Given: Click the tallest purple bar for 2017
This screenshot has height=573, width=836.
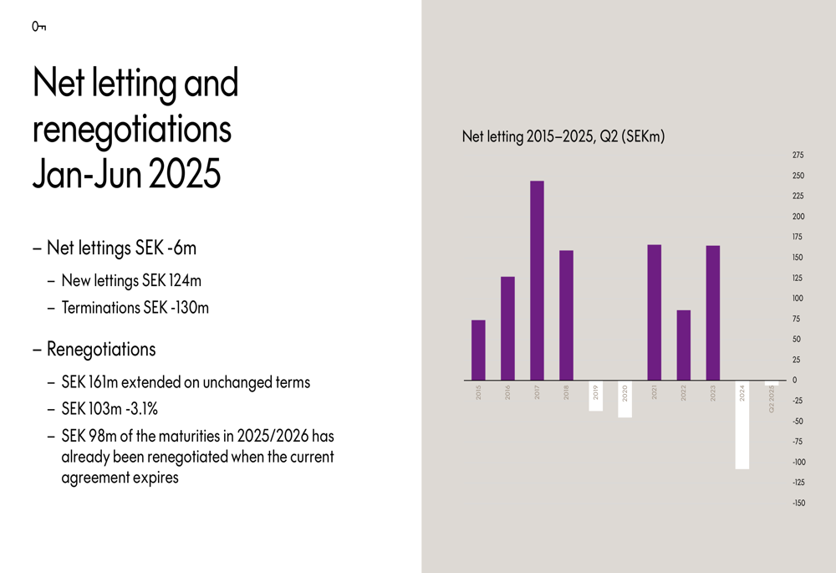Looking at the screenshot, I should tap(537, 280).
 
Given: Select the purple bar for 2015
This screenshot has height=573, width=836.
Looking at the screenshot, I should tap(478, 350).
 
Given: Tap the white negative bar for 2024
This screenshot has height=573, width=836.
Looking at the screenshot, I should tap(742, 425).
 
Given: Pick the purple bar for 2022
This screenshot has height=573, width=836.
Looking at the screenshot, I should tap(684, 345).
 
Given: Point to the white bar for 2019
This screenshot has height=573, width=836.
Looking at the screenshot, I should tap(595, 395).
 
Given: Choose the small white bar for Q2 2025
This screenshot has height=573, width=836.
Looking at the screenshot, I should tap(772, 383).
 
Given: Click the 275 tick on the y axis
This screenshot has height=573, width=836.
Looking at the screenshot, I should tap(797, 156).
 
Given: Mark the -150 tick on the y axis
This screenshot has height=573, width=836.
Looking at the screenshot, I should tap(798, 503).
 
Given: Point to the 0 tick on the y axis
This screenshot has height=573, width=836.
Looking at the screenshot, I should tap(794, 381).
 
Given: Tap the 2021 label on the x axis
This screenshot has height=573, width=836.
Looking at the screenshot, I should tap(655, 391).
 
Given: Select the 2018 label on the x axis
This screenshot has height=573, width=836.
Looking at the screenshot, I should tap(566, 391).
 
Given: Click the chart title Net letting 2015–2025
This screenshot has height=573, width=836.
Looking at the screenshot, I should tap(563, 136).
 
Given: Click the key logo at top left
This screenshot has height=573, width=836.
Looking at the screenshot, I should tap(38, 28).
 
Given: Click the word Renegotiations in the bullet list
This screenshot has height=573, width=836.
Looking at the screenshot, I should tap(101, 349).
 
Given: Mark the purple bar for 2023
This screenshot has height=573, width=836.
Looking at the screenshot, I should tap(713, 313).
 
